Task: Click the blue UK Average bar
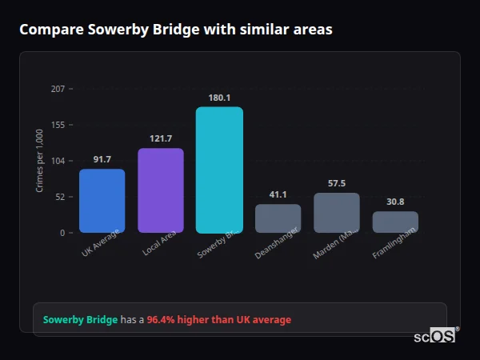tap(102, 201)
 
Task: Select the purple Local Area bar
tap(161, 190)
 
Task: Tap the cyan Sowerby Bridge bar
tap(219, 170)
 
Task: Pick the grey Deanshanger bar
tap(278, 218)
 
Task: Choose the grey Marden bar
tap(337, 213)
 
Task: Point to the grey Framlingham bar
tap(395, 222)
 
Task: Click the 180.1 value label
tap(219, 98)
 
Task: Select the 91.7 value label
tap(102, 159)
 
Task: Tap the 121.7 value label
tap(161, 138)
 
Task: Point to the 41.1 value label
tap(278, 194)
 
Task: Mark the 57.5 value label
tap(337, 183)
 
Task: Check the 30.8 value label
tap(395, 202)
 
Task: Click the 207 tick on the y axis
tap(58, 89)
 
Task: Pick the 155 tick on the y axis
tap(58, 125)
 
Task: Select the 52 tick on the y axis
tap(60, 197)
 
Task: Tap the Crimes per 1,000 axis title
tap(40, 161)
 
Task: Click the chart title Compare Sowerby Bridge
tap(175, 30)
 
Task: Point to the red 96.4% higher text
tap(218, 320)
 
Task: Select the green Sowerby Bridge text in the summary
tap(80, 320)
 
